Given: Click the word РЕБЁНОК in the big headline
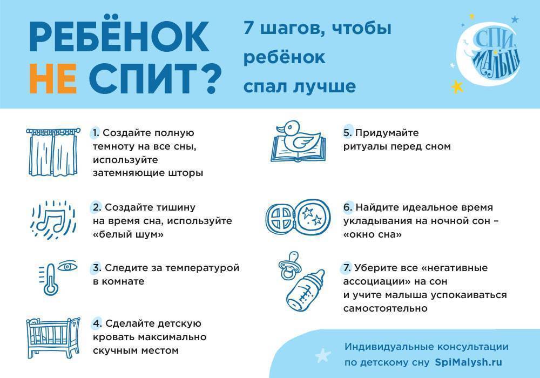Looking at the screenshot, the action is [119, 37].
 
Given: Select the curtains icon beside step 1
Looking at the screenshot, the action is [53, 152].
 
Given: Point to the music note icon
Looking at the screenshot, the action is [53, 220].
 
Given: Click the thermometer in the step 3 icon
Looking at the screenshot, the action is [49, 279].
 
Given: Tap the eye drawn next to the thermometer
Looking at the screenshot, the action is [67, 266].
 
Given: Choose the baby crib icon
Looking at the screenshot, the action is [53, 337].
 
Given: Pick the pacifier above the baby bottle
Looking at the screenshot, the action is [288, 265].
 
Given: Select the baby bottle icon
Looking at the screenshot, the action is [305, 291].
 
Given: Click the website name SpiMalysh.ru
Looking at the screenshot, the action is [468, 362].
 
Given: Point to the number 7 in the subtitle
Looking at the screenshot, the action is [248, 28].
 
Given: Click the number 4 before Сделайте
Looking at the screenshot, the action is [97, 323].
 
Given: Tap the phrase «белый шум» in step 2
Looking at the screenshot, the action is [128, 234].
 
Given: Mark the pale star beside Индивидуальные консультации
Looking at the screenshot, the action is [323, 355].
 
